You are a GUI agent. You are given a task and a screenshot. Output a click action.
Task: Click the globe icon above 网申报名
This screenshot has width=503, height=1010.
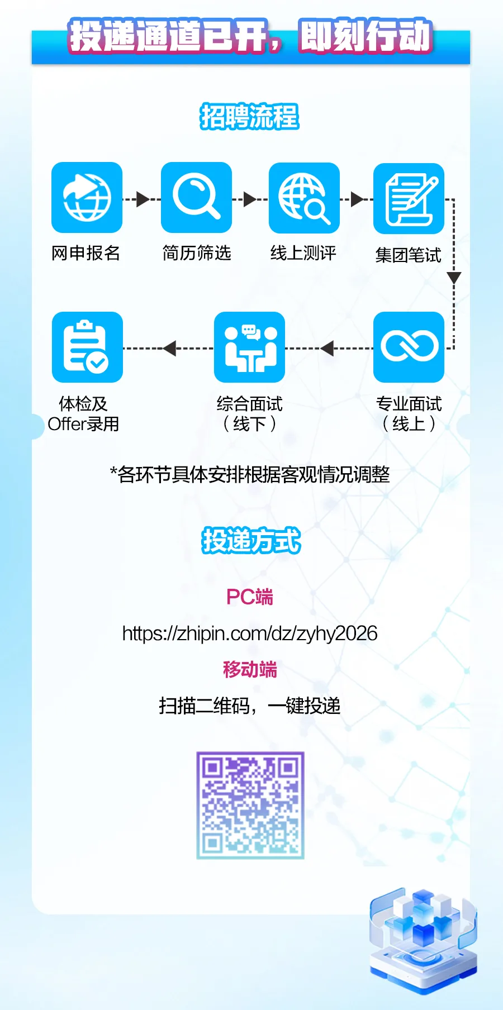point(87,198)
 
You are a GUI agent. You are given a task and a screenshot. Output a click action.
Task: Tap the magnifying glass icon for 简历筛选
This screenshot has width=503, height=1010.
point(196,198)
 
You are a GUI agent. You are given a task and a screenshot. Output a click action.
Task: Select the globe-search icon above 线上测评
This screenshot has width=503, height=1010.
point(304,198)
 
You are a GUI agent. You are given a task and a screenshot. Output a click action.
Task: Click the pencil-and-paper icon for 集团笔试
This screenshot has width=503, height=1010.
point(409,199)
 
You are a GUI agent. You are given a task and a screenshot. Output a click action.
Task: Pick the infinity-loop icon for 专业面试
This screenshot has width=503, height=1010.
point(409,347)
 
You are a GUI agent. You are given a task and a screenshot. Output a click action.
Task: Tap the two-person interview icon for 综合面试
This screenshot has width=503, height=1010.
point(249,347)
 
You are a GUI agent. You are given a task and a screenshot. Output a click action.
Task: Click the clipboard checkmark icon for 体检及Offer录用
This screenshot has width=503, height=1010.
point(87,347)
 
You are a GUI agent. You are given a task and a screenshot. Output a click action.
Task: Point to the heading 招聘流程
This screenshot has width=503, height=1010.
point(250,117)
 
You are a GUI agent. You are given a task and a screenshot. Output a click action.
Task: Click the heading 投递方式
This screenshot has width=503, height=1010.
point(251,540)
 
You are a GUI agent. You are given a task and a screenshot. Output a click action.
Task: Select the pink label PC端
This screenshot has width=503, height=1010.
point(250,597)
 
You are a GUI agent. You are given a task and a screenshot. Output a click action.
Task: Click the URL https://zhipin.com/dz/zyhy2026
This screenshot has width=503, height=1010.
point(250,633)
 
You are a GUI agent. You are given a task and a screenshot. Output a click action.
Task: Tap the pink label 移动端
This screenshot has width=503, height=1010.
point(250,669)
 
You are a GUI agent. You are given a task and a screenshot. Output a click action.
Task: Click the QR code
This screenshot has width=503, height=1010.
point(250,805)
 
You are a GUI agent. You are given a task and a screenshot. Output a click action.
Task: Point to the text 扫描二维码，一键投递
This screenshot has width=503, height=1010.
point(250,706)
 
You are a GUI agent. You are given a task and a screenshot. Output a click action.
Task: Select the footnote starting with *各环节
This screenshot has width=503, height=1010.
point(250,475)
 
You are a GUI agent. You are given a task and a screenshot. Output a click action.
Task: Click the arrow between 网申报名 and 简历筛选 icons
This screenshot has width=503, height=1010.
point(143,199)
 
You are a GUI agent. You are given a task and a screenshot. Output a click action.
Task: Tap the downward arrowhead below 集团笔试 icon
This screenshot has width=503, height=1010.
point(454,278)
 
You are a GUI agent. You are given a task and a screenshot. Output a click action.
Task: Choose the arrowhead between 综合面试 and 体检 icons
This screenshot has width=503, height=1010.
point(169,348)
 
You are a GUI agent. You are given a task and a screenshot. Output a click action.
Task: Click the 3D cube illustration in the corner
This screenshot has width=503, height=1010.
point(423,938)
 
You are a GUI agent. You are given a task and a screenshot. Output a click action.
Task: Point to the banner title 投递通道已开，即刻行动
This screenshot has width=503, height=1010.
point(251,37)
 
